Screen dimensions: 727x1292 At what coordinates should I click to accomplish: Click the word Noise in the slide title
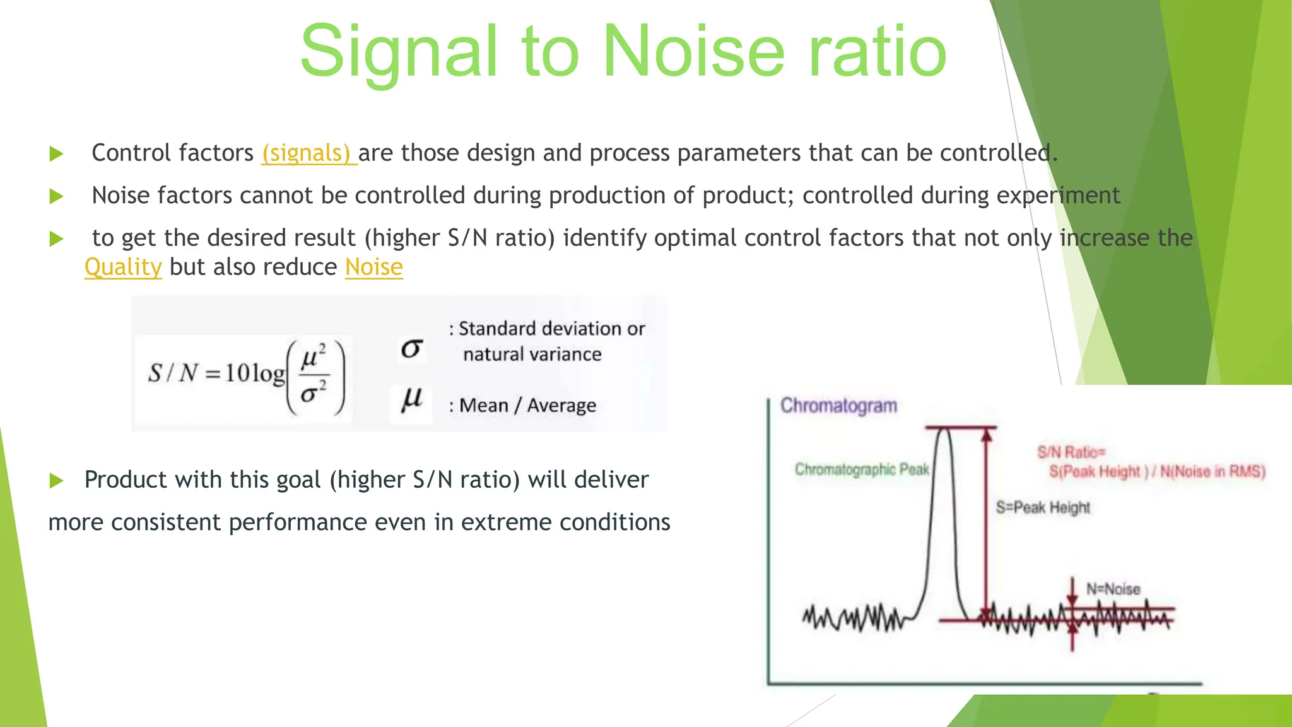pyautogui.click(x=695, y=52)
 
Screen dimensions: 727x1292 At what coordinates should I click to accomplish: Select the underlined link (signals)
pyautogui.click(x=308, y=153)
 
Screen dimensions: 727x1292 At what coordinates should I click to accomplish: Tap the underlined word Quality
pyautogui.click(x=123, y=267)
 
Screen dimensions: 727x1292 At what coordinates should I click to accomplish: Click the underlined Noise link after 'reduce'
pyautogui.click(x=373, y=267)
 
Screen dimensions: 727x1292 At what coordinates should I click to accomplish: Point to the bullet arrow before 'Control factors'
pyautogui.click(x=57, y=153)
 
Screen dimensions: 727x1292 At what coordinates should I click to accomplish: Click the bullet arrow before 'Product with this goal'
pyautogui.click(x=57, y=481)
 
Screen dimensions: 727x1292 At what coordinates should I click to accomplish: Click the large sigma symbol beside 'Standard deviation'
pyautogui.click(x=411, y=348)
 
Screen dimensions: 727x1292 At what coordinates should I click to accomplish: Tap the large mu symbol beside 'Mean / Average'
pyautogui.click(x=412, y=399)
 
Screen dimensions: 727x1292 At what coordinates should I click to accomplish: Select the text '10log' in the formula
pyautogui.click(x=255, y=373)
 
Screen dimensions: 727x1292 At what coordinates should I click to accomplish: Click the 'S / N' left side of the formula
pyautogui.click(x=174, y=373)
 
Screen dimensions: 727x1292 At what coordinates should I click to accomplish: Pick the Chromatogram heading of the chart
pyautogui.click(x=838, y=405)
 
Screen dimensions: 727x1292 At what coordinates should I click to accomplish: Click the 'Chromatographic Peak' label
pyautogui.click(x=862, y=470)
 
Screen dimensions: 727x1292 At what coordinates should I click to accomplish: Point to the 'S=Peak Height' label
pyautogui.click(x=1043, y=507)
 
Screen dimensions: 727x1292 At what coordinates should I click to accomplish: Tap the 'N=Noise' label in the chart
pyautogui.click(x=1113, y=589)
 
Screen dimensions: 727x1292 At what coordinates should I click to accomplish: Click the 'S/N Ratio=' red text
pyautogui.click(x=1071, y=452)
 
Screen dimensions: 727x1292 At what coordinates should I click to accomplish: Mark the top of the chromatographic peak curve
pyautogui.click(x=944, y=430)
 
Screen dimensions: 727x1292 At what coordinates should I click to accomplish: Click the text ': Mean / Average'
pyautogui.click(x=523, y=405)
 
